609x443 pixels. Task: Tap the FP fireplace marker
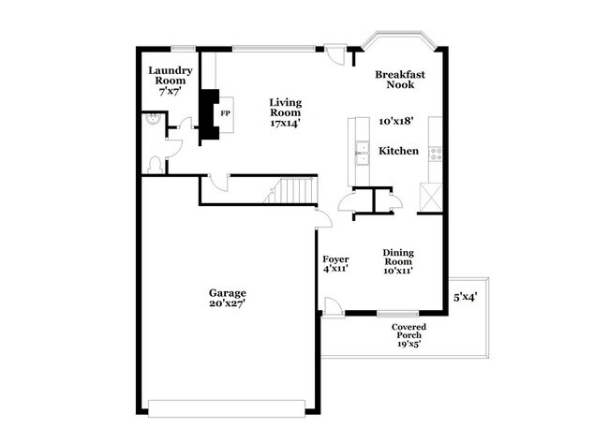(225, 113)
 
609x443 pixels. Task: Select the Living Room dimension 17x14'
(285, 122)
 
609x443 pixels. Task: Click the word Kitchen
(398, 151)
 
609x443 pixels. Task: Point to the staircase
(291, 191)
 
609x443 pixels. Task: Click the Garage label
(228, 293)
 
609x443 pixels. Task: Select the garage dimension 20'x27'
(228, 305)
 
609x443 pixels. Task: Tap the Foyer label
(335, 258)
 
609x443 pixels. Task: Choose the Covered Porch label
(409, 332)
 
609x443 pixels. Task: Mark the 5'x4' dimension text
(467, 298)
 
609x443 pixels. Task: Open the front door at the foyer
(332, 306)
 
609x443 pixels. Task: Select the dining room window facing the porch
(391, 313)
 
